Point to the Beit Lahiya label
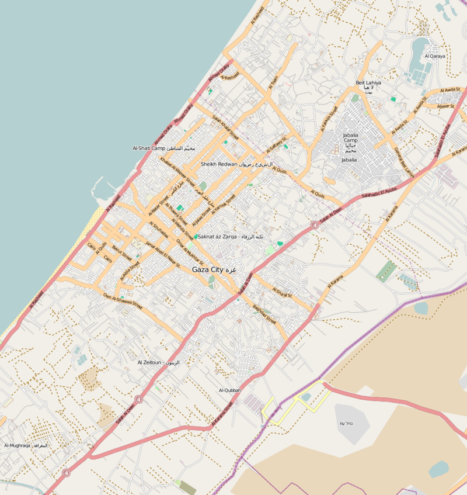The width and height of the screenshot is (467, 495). pyautogui.click(x=368, y=84)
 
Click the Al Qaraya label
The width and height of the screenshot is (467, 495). pyautogui.click(x=435, y=56)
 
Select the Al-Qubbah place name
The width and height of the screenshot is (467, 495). pyautogui.click(x=229, y=390)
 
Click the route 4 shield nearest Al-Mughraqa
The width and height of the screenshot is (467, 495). pyautogui.click(x=65, y=472)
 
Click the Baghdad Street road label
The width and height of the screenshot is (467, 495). pyautogui.click(x=264, y=311)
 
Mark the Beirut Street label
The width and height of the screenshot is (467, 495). pyautogui.click(x=121, y=252)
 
